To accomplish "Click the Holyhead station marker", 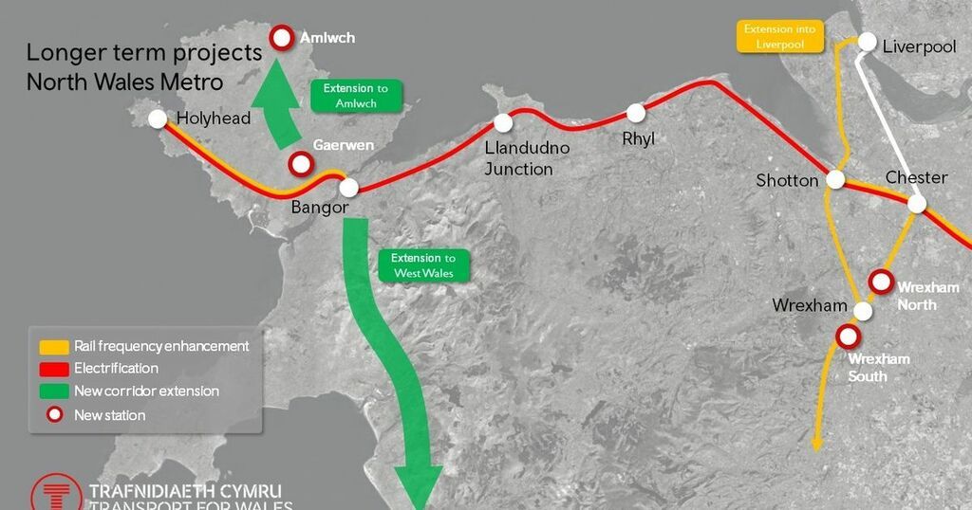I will pyautogui.click(x=158, y=118).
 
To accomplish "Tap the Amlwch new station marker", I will pyautogui.click(x=282, y=38).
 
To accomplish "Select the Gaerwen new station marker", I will pyautogui.click(x=301, y=164).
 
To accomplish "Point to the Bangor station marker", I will pyautogui.click(x=348, y=187).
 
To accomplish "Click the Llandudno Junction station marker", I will pyautogui.click(x=503, y=123).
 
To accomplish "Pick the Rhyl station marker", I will pyautogui.click(x=636, y=114).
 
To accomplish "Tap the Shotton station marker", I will pyautogui.click(x=835, y=179).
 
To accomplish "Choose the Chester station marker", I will pyautogui.click(x=917, y=203).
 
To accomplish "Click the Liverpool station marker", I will pyautogui.click(x=868, y=42).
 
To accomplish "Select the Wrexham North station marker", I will pyautogui.click(x=880, y=281).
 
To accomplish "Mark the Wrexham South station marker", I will pyautogui.click(x=846, y=336).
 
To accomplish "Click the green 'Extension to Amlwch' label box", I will pyautogui.click(x=356, y=96).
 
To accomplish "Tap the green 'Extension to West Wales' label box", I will pyautogui.click(x=423, y=265).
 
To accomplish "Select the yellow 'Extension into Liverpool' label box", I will pyautogui.click(x=780, y=36).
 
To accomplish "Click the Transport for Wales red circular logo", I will pyautogui.click(x=56, y=496).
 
